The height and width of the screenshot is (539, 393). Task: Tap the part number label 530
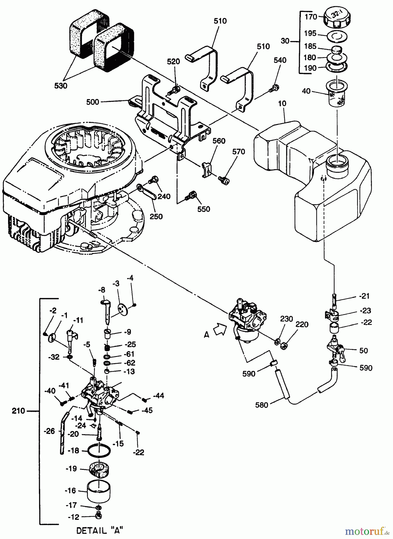point(61,86)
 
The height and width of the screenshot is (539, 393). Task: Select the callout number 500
point(92,102)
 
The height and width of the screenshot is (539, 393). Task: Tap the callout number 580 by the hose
point(262,405)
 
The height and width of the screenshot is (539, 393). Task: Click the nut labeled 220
point(284,346)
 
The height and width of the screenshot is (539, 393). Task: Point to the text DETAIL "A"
point(100,531)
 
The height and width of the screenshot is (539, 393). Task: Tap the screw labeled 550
point(191,196)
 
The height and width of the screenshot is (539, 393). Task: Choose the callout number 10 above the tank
point(282,104)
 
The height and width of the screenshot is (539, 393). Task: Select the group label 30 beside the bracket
point(285,41)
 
